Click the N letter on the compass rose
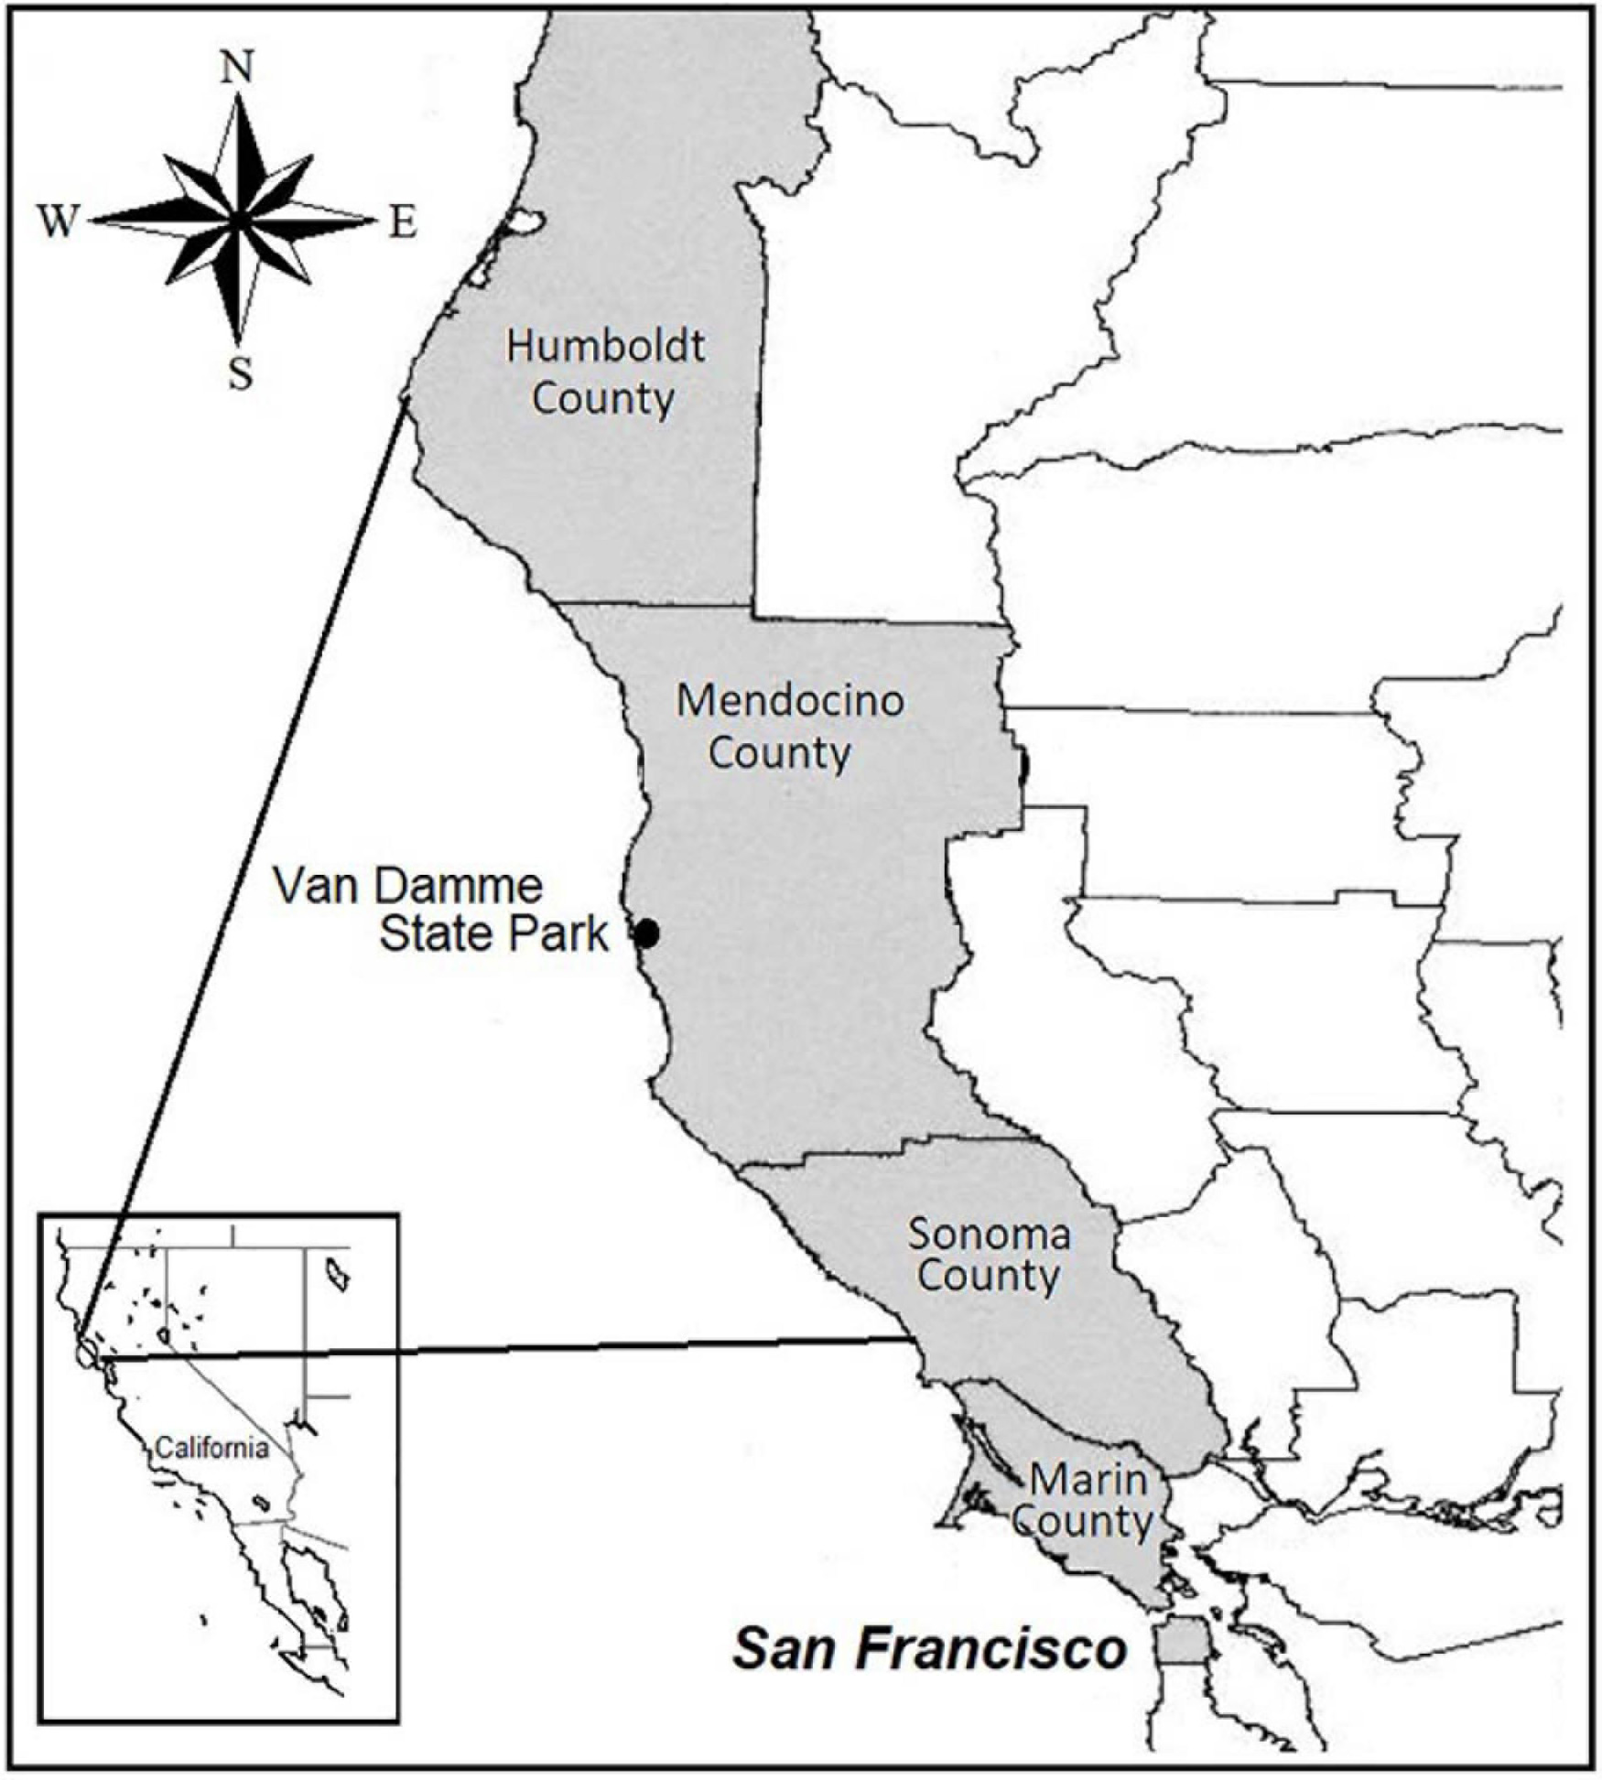point(239,67)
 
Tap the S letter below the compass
point(240,373)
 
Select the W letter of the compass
point(57,222)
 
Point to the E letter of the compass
point(403,222)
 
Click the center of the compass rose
point(238,221)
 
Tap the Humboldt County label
point(605,372)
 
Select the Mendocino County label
point(789,728)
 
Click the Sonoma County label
point(989,1255)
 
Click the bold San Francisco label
point(930,1650)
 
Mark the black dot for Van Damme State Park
point(647,933)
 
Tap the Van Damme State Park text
point(449,911)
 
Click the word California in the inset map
point(211,1448)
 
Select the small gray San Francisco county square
point(1181,1641)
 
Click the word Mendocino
point(790,701)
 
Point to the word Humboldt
point(605,347)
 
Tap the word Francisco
point(992,1650)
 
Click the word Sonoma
point(989,1235)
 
